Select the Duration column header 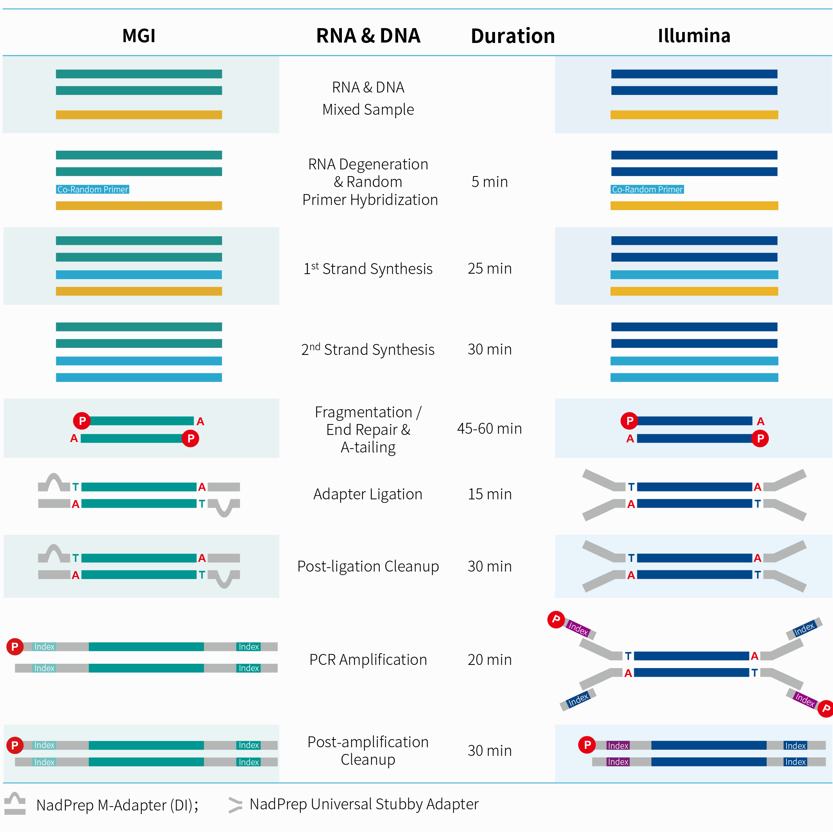[512, 36]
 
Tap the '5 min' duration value [489, 182]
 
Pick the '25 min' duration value [489, 269]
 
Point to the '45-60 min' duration [489, 429]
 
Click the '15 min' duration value [489, 494]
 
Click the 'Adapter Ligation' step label [368, 494]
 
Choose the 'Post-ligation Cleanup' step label [368, 566]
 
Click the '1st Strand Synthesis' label [368, 269]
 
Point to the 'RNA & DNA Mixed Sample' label [368, 98]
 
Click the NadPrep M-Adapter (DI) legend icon [15, 804]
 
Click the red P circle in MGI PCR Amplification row [15, 647]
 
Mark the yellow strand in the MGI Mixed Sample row [138, 115]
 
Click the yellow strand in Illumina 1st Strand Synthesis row [694, 291]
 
